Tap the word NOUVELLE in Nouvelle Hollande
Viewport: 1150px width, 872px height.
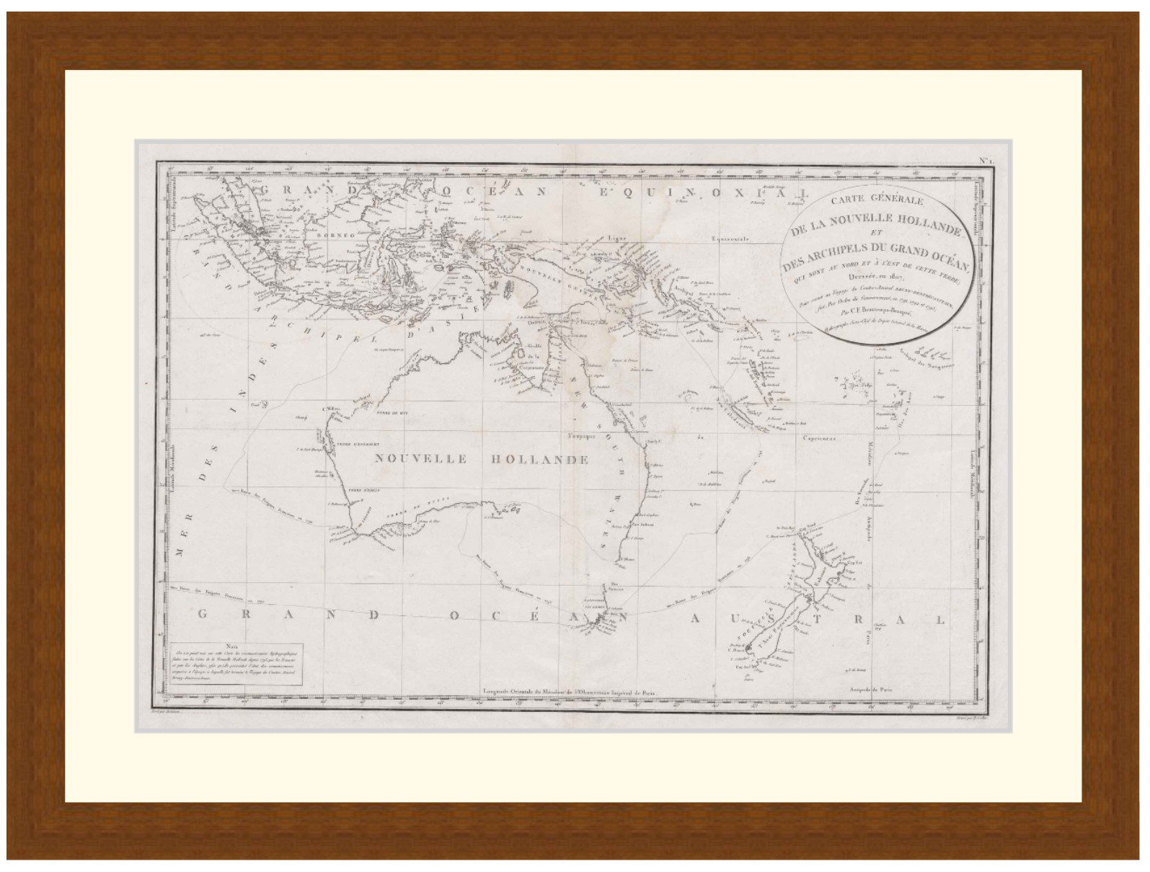coord(422,459)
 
